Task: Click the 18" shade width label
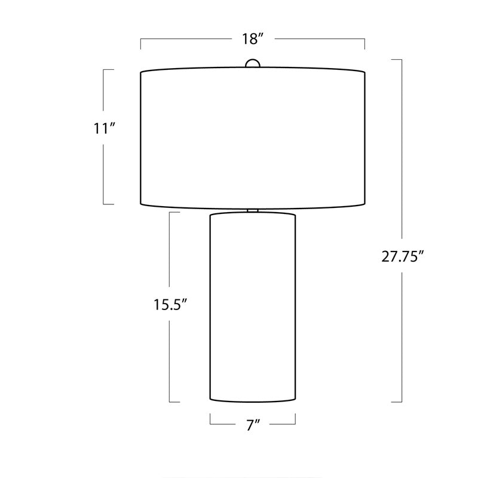click(x=252, y=39)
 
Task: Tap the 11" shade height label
click(x=104, y=128)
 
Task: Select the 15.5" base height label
click(x=170, y=304)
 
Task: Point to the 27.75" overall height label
click(x=403, y=256)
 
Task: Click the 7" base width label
click(x=253, y=425)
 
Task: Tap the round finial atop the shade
click(x=253, y=63)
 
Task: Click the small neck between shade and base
click(x=253, y=211)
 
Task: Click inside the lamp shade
click(x=253, y=138)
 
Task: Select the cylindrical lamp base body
click(x=253, y=307)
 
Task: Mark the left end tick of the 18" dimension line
click(x=140, y=44)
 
